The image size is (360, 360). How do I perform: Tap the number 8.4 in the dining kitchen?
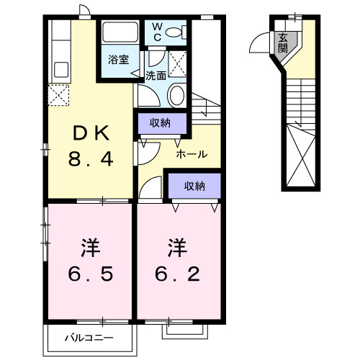pos(91,159)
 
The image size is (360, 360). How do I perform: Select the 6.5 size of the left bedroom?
pos(90,274)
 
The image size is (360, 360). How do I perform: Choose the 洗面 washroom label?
pos(156,74)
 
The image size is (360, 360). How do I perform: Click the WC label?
pos(157,32)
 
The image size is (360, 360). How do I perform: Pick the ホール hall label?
pos(192,153)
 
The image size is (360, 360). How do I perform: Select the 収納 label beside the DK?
pos(160,122)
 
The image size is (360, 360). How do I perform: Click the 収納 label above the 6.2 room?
pos(194,186)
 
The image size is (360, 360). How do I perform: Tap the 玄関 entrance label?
pos(283,43)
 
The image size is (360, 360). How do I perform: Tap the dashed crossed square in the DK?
pos(58,94)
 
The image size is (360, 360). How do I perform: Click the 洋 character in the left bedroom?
pos(90,248)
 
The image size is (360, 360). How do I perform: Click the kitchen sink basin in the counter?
pos(60,70)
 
